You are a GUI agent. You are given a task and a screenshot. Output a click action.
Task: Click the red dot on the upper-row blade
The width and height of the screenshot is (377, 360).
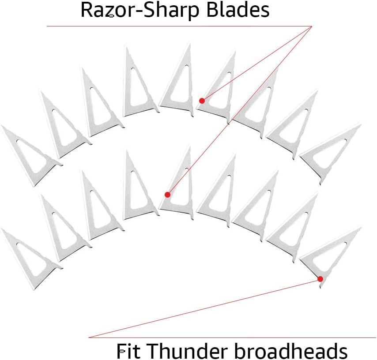pyautogui.click(x=202, y=101)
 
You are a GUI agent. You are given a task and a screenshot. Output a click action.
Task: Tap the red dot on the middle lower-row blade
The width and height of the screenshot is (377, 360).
pyautogui.click(x=167, y=195)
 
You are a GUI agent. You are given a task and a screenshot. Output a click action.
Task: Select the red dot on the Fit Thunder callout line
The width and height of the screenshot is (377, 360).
pyautogui.click(x=320, y=279)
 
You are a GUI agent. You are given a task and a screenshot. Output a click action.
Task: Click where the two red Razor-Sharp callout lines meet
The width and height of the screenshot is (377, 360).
pyautogui.click(x=312, y=26)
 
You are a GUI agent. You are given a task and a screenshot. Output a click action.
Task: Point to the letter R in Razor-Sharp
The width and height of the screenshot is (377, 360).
pyautogui.click(x=86, y=11)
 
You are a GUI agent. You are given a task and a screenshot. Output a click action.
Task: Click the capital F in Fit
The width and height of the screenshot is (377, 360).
pyautogui.click(x=122, y=351)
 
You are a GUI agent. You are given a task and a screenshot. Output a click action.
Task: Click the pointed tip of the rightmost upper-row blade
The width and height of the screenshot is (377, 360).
pyautogui.click(x=360, y=125)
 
